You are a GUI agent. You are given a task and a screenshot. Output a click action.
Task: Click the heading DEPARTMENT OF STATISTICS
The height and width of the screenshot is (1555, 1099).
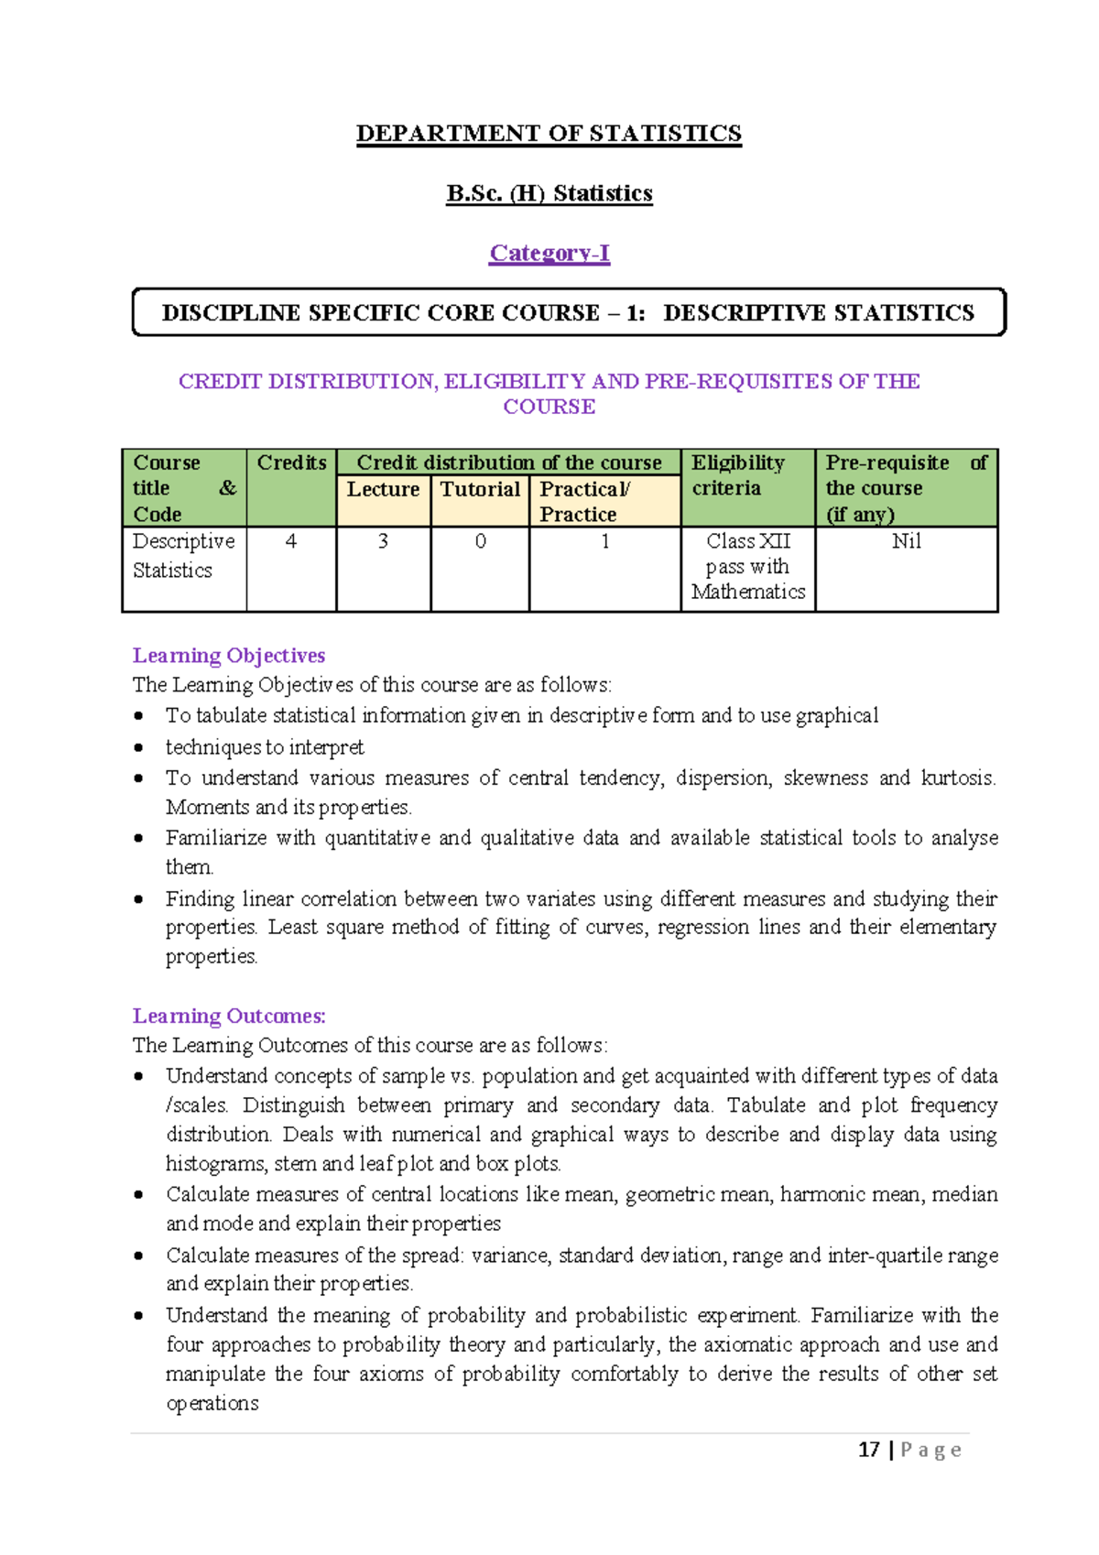pos(549,134)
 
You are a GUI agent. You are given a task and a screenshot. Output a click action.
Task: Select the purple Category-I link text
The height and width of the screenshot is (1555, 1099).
pos(549,253)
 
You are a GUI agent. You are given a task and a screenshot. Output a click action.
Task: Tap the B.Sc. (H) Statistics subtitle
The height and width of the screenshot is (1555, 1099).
pos(549,193)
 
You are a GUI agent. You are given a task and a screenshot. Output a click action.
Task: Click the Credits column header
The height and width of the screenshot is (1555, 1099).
pos(291,463)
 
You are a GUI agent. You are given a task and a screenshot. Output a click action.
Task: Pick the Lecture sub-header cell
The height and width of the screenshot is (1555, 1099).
pos(383,490)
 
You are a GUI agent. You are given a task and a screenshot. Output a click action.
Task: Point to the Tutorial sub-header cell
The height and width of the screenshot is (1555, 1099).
pos(480,490)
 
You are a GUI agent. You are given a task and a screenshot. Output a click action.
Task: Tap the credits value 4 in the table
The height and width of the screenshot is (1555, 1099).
pos(291,542)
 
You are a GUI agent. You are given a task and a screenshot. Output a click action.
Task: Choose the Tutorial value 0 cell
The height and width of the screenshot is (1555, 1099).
pos(480,542)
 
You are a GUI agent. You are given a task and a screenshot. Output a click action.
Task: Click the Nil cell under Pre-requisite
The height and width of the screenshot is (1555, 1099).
pos(906,542)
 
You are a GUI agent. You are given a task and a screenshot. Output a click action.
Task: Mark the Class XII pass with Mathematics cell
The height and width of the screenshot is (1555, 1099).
pos(747,567)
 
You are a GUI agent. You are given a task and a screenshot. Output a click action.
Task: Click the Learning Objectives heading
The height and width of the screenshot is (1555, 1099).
pos(229,656)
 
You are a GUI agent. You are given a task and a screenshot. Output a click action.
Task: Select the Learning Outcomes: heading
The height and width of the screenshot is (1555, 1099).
pos(229,1017)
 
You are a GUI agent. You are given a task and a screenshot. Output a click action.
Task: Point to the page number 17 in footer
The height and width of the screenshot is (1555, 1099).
pos(868,1450)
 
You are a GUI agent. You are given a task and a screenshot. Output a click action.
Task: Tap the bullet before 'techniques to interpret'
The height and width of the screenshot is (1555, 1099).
pos(138,748)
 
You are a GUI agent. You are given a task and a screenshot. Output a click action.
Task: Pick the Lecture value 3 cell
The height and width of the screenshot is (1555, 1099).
pos(383,542)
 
